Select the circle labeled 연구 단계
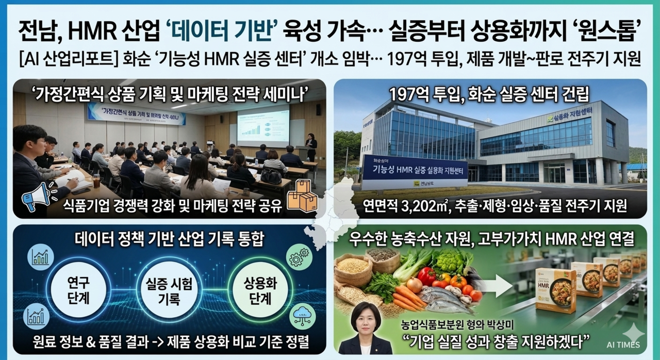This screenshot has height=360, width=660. click(78, 290)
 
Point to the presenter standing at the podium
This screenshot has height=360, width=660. click(311, 147)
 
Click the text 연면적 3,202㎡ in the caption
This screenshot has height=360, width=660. click(402, 206)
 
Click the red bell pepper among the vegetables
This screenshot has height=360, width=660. click(426, 275)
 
